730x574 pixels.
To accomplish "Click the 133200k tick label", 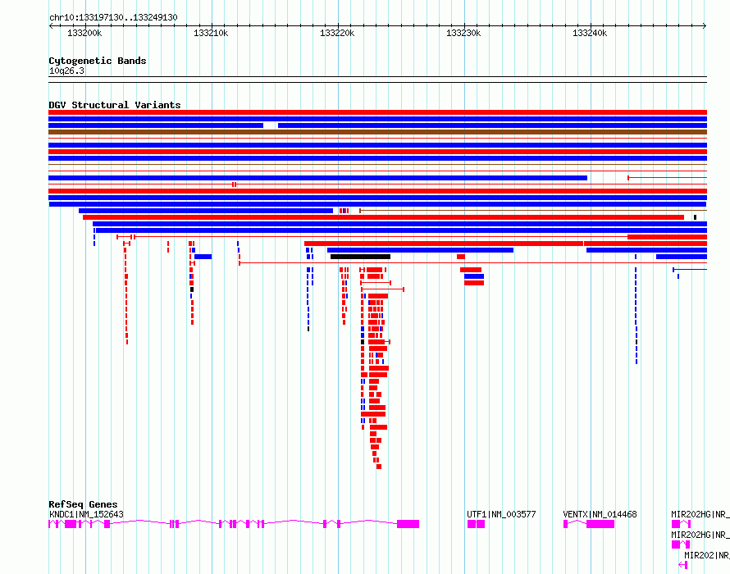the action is coord(84,33).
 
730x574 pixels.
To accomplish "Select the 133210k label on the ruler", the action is coord(211,33).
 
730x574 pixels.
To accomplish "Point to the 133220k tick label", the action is coord(337,33).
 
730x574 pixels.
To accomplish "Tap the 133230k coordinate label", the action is coord(463,33).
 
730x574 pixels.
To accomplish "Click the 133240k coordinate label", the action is coord(590,33).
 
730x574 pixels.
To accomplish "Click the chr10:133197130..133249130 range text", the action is coord(113,18).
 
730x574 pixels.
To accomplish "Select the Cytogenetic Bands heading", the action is coord(98,61).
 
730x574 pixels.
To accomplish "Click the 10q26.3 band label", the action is coord(66,71).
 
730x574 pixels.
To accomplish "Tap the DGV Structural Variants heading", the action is coord(115,105).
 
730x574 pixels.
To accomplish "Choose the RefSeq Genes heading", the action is coord(83,504).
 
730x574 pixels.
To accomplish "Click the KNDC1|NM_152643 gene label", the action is coord(86,514).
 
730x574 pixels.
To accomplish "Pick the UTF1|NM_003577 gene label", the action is coord(501,514).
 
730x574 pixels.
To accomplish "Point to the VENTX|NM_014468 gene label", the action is coord(600,514).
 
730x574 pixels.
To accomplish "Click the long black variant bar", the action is coord(360,257).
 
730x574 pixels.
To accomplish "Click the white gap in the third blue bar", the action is coord(271,125).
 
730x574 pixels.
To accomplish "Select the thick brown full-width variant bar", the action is coord(377,132).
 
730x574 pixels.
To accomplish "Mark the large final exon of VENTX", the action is coord(600,524).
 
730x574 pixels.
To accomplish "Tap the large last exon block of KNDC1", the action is coord(408,524).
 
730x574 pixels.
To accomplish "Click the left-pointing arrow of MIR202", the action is coord(683,565).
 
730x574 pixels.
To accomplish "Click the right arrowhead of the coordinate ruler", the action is coord(705,26).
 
